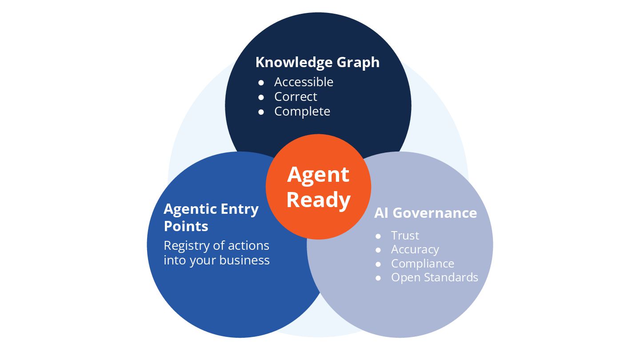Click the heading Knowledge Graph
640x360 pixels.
[x=317, y=62]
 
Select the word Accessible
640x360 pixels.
[x=304, y=82]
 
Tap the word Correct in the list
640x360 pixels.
[x=296, y=97]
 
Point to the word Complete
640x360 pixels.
[x=302, y=112]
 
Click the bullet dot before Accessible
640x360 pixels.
[x=261, y=83]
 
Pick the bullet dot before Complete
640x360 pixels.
[x=261, y=112]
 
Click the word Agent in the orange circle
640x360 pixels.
[x=318, y=174]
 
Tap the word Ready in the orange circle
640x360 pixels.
[x=318, y=200]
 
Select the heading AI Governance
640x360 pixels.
[x=425, y=213]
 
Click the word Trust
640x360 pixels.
[x=405, y=236]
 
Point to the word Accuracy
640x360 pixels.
[x=415, y=250]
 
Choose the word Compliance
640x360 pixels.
[x=422, y=264]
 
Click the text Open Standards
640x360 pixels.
[x=434, y=278]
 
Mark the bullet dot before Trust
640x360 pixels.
[x=378, y=236]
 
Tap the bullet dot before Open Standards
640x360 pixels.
[x=378, y=278]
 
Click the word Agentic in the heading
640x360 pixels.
[x=190, y=209]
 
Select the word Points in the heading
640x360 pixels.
[x=186, y=226]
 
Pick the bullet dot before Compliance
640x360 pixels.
[x=378, y=264]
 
